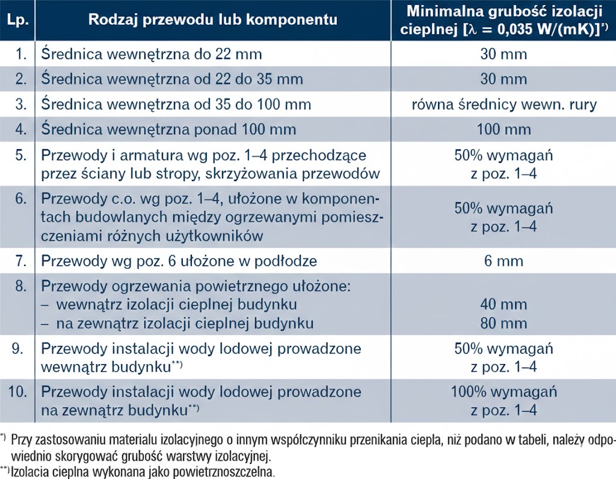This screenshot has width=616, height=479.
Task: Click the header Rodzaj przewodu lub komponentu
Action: tap(212, 20)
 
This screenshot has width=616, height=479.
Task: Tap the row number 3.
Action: tap(22, 104)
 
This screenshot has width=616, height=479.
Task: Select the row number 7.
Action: tap(22, 261)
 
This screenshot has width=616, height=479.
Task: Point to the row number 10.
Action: tap(19, 392)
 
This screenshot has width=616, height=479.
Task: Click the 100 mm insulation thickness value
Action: tap(504, 129)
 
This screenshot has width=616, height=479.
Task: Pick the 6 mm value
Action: tap(504, 261)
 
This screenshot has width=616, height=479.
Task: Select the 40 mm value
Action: tap(504, 304)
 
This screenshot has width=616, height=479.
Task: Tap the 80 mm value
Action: tap(504, 323)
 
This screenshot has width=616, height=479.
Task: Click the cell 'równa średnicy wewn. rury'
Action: tap(504, 104)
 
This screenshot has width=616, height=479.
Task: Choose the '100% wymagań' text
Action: tap(504, 392)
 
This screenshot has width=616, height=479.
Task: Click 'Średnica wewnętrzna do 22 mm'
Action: tap(152, 54)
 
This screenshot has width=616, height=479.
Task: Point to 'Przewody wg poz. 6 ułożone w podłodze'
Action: tap(179, 261)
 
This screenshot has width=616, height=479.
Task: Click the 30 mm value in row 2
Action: tap(504, 79)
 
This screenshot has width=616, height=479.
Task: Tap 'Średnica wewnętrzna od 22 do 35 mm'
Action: tap(172, 79)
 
